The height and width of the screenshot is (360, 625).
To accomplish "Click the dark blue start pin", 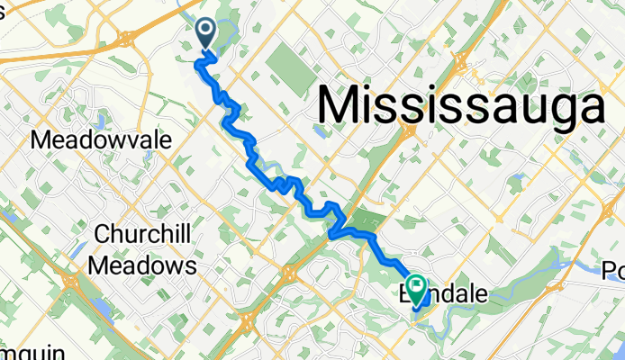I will coord(205,34).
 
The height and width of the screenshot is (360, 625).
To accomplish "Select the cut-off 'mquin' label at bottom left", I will coord(20,350).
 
